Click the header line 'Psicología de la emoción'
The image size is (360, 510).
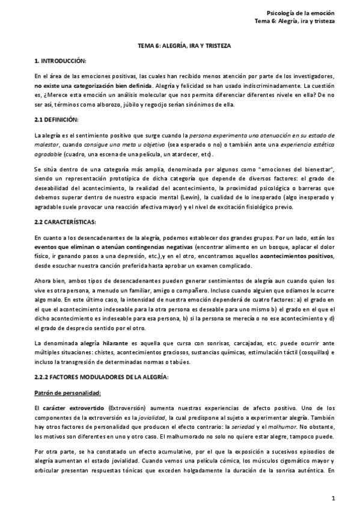(300, 13)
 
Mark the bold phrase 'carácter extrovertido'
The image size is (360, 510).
(71, 408)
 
